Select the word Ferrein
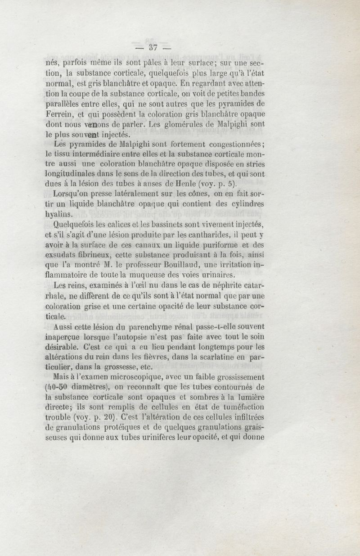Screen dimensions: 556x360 (x=61, y=113)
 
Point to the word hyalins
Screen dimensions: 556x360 (x=62, y=215)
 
